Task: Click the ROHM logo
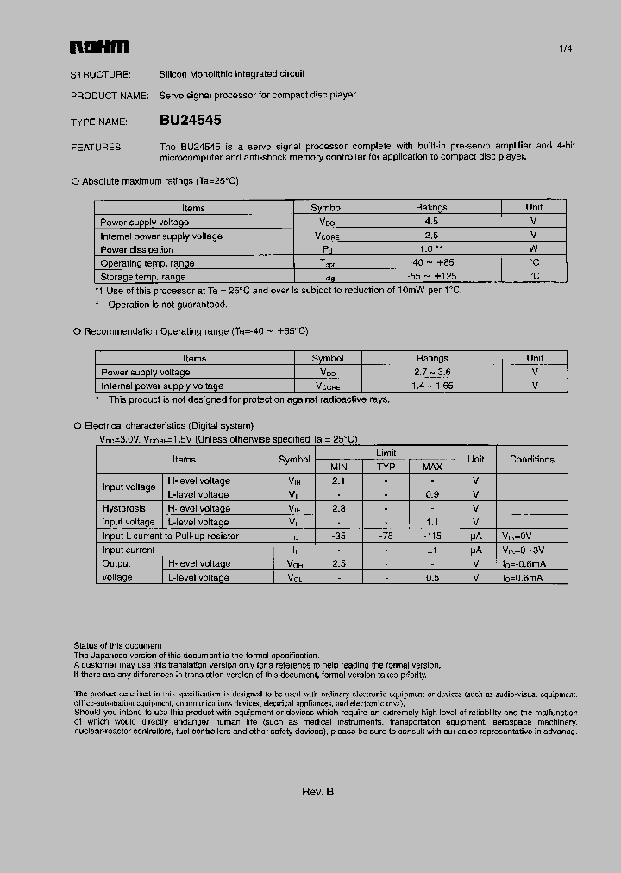coord(99,47)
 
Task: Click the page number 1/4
coord(566,48)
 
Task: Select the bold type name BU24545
coord(191,122)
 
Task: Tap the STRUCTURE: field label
coord(100,74)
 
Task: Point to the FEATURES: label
coord(97,148)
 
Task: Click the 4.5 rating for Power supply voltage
coord(431,221)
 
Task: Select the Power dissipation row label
coord(137,249)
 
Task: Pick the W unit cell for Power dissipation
coord(534,248)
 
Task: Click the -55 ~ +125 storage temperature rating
coord(431,276)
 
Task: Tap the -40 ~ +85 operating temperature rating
coord(431,262)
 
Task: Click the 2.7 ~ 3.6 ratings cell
coord(431,372)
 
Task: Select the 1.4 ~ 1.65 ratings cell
coord(431,386)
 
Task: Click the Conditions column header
coord(532,459)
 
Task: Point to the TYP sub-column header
coord(386,467)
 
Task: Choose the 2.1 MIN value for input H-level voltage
coord(339,480)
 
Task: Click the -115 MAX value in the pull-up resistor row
coord(431,536)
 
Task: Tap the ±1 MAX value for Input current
coord(431,550)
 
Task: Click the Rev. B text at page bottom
coord(317,792)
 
